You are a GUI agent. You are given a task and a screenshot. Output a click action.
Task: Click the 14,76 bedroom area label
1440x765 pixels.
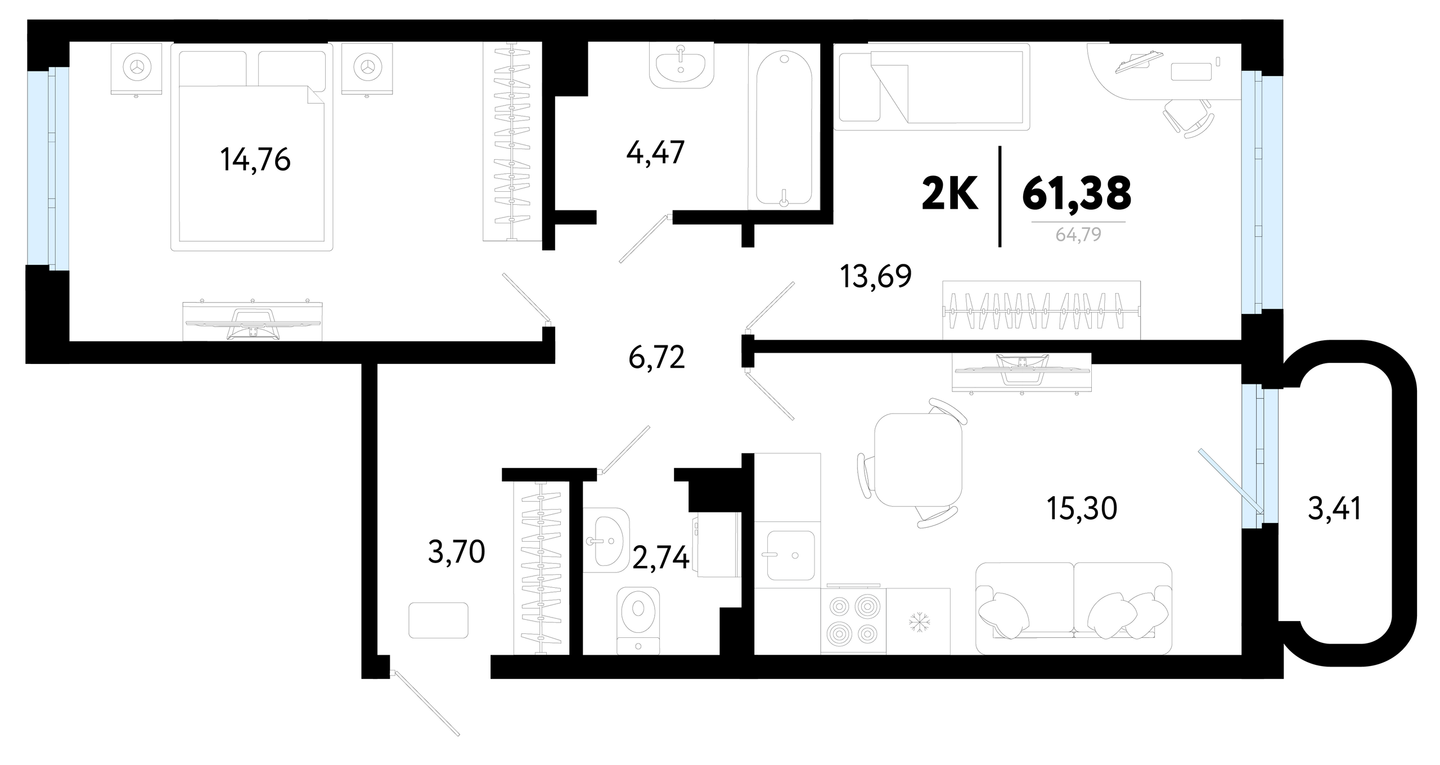tap(255, 160)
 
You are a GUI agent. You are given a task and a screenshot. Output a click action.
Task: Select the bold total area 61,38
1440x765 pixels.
tap(1077, 192)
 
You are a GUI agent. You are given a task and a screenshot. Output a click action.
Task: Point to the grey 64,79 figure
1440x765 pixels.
tap(1078, 235)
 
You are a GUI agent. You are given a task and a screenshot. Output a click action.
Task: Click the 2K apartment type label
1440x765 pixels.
tap(949, 192)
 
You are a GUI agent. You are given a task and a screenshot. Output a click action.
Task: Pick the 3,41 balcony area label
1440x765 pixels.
tap(1334, 508)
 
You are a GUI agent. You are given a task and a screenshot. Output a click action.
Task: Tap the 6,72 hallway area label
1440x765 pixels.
tap(657, 357)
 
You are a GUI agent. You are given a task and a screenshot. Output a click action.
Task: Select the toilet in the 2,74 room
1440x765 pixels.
tap(638, 620)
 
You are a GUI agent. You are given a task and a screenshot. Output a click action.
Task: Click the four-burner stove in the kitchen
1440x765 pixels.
tap(853, 621)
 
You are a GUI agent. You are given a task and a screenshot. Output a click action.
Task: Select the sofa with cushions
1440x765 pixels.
tap(1074, 608)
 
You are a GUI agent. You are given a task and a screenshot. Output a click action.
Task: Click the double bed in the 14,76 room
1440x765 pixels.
tap(251, 147)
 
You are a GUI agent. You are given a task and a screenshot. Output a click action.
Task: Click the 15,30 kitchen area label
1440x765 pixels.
tap(1082, 508)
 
